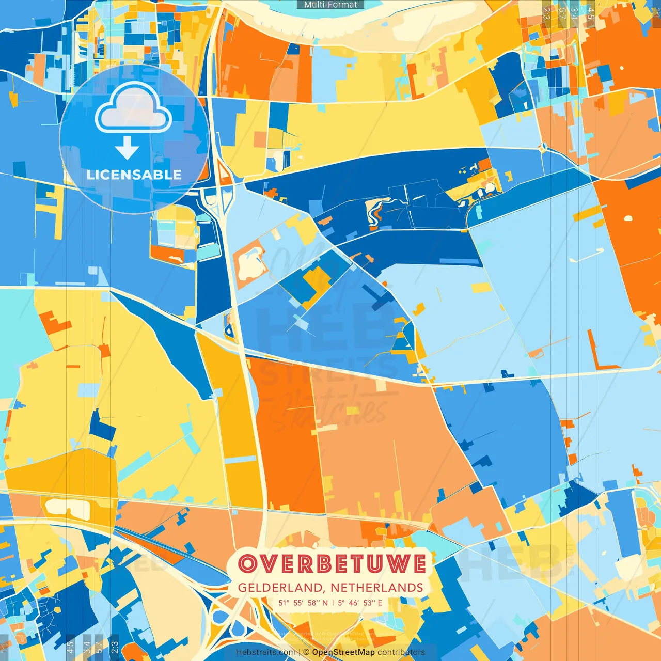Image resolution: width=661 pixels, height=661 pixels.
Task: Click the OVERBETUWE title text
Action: pos(332,563)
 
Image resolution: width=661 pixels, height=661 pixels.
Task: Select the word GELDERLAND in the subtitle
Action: pos(279,588)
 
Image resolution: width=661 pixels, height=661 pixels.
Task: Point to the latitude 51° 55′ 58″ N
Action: pos(303,603)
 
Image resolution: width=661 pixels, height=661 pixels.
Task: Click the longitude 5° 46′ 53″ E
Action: pos(360,603)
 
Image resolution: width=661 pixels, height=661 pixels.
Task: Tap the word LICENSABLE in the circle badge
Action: pos(134,175)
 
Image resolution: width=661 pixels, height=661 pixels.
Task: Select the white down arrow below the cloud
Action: pos(127,149)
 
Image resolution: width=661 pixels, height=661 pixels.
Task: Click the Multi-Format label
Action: pos(330,5)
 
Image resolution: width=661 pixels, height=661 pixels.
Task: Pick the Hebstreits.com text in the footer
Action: pos(265,652)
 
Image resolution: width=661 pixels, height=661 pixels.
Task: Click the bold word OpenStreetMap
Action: pos(343,652)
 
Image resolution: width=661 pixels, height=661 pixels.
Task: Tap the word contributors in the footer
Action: pos(401,652)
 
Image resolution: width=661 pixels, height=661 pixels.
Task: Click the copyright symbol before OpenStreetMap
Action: pos(306,652)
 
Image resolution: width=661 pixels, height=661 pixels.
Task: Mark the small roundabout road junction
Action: pos(542,149)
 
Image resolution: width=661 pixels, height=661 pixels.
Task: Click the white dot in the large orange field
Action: pos(628,218)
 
